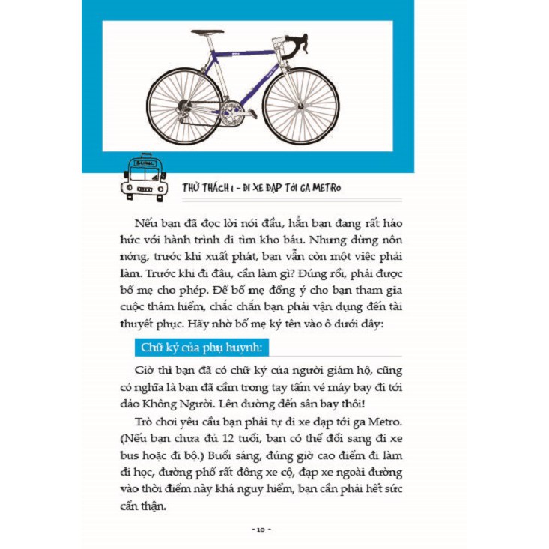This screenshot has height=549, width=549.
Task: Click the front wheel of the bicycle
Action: click(x=301, y=106)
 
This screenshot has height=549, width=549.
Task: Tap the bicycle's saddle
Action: click(x=207, y=34)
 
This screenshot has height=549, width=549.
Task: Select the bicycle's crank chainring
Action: click(x=234, y=113)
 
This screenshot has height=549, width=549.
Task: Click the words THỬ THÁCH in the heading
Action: click(x=203, y=187)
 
